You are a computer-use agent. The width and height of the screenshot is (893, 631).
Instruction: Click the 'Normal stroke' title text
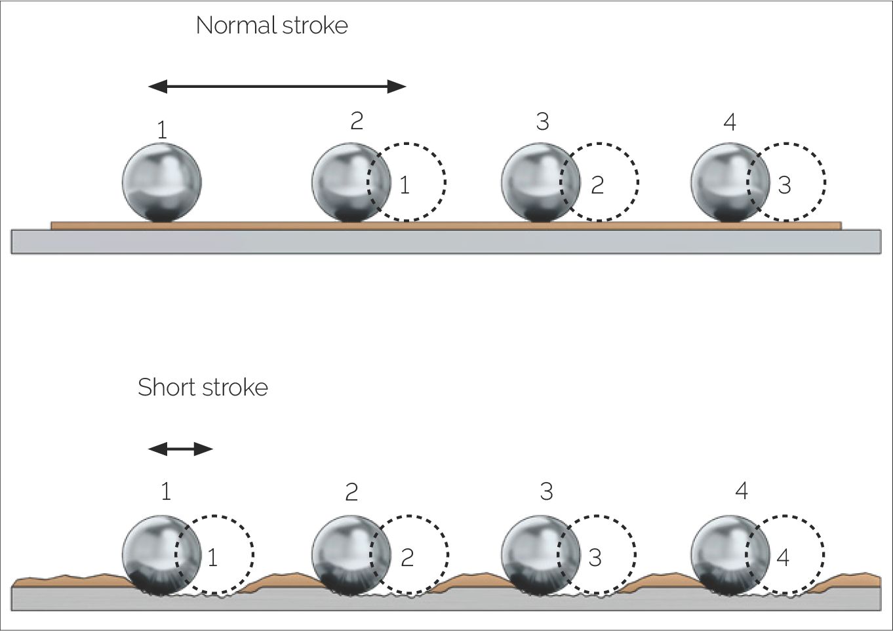pos(271,26)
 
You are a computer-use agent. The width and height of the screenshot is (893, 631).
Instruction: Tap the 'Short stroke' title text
pos(203,388)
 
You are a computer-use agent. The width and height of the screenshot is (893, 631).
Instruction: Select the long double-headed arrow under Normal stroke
pos(277,86)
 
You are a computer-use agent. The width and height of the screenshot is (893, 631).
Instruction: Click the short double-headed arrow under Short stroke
pos(180,449)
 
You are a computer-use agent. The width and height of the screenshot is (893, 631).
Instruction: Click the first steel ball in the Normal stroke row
pos(161,182)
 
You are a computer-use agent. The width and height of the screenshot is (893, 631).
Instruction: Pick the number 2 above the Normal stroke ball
pos(357,121)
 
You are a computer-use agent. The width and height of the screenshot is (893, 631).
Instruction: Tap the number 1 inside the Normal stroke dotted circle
pos(405,185)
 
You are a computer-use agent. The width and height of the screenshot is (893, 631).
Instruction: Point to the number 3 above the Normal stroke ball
pos(542,121)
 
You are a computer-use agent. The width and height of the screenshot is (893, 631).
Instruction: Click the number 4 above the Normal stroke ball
pos(730,122)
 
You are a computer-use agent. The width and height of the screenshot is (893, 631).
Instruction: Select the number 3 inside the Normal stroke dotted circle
pos(784,186)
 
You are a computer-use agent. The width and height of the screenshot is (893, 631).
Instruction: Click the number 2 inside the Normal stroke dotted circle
pos(597,186)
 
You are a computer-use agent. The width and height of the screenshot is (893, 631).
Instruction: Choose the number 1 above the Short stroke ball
pos(166,491)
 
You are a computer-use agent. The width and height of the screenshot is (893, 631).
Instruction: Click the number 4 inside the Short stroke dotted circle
pos(783,558)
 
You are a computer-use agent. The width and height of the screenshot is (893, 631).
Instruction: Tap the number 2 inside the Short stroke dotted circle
pos(407,558)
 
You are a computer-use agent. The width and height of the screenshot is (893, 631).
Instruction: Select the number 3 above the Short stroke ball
pos(546,491)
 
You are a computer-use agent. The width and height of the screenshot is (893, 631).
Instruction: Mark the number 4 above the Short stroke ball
pos(742,491)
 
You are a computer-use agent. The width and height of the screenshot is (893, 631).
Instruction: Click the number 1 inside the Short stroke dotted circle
pos(212,558)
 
